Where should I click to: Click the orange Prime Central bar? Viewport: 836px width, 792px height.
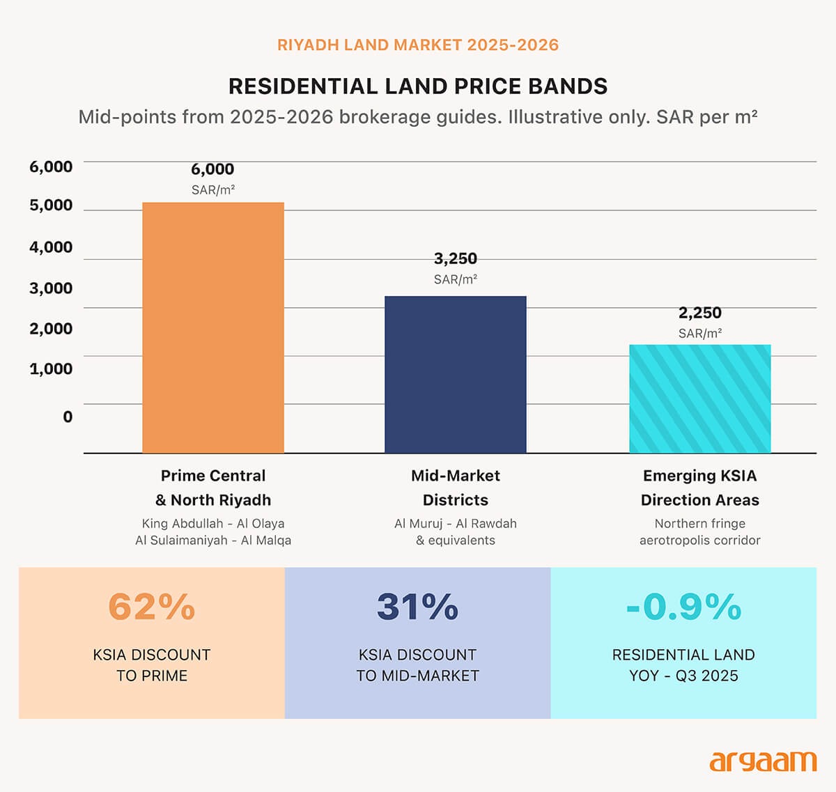pos(213,327)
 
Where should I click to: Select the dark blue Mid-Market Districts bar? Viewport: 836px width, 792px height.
pos(456,375)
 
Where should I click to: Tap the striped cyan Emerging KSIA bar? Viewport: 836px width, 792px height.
pos(700,398)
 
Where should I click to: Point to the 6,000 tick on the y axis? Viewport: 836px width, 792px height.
pos(51,166)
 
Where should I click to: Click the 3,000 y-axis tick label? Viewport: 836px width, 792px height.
pos(51,288)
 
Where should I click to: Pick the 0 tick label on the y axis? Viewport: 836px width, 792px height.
pos(68,417)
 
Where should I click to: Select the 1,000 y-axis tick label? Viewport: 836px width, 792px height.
pos(51,368)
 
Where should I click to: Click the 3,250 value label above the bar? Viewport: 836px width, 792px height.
pos(456,258)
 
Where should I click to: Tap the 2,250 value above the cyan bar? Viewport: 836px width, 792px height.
pos(700,313)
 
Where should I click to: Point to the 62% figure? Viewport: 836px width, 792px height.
pos(152,606)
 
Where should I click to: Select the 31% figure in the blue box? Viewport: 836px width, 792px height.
pos(417,606)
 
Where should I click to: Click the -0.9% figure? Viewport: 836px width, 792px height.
pos(683,606)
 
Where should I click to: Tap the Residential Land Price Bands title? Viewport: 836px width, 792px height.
pos(418,86)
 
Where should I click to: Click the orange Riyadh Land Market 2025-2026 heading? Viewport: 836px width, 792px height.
pos(418,45)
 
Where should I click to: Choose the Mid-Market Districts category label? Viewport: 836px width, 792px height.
pos(456,488)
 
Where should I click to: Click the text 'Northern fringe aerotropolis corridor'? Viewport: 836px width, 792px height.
pos(700,531)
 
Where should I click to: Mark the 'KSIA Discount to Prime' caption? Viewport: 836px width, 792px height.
pos(152,665)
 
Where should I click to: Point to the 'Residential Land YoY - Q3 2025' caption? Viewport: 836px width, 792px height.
pos(683,665)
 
